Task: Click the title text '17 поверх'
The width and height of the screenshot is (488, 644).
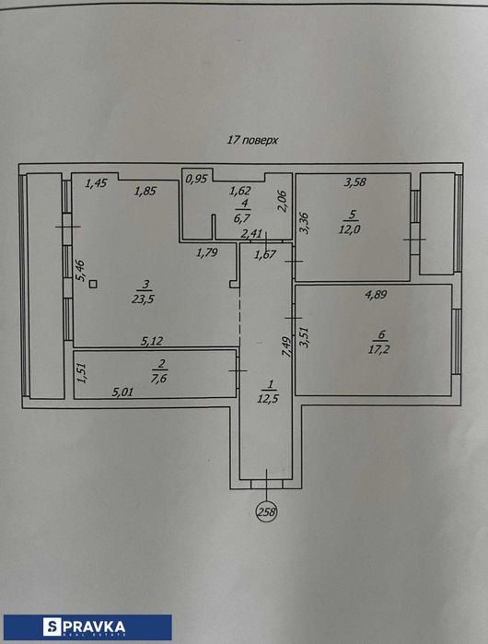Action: (251, 141)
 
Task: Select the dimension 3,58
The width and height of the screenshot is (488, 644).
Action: (355, 182)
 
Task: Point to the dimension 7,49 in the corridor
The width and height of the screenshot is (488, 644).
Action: (285, 346)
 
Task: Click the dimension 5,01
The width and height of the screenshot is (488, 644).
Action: (123, 391)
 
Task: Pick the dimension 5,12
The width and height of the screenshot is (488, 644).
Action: (152, 341)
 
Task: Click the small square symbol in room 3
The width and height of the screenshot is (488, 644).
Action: (94, 285)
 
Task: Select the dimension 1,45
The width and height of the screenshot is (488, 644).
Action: (97, 183)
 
